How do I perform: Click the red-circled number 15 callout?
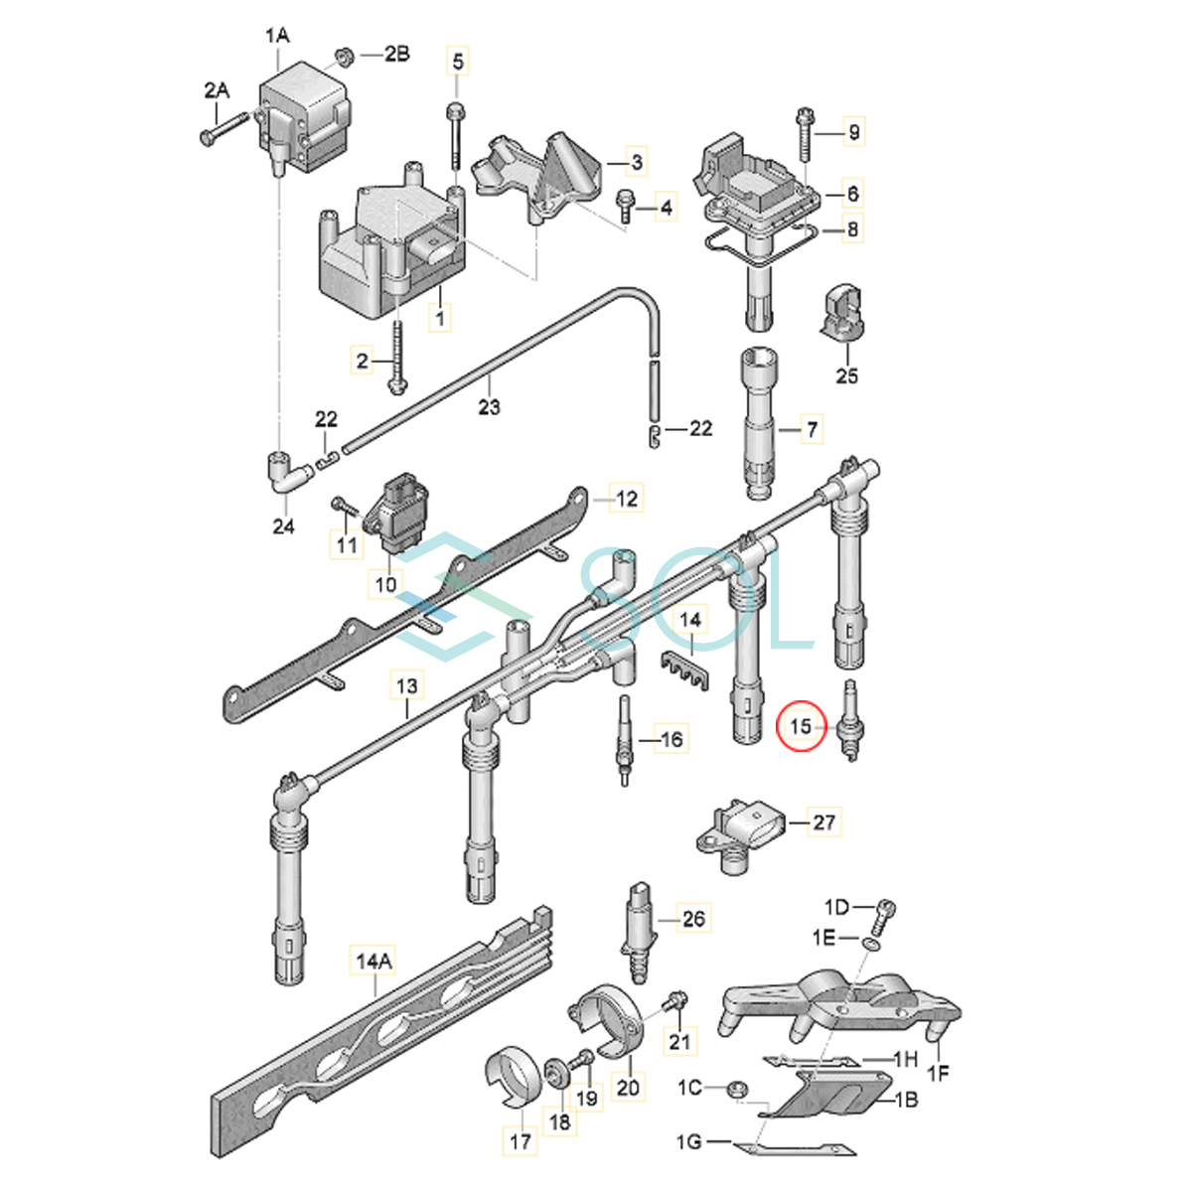click(x=801, y=727)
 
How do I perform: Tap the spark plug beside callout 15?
click(x=850, y=723)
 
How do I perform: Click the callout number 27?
click(x=824, y=822)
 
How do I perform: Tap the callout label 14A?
click(x=373, y=961)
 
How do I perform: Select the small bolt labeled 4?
click(x=627, y=205)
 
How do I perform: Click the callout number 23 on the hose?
click(x=489, y=406)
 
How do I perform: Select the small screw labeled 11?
click(x=343, y=508)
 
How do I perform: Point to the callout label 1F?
click(x=937, y=1072)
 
